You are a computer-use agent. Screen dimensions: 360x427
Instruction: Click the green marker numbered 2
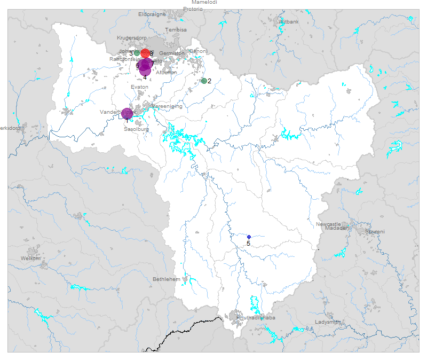tap(204, 81)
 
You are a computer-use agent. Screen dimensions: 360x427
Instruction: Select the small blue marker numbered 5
tap(249, 237)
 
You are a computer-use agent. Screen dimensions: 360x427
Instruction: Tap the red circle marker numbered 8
tap(145, 53)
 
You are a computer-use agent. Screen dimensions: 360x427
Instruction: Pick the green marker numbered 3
tap(137, 53)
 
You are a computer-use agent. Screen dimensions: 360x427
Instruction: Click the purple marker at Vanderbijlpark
tap(126, 113)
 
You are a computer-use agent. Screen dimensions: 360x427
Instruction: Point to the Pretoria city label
tap(193, 9)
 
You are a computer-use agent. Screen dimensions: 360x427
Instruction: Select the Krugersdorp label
tap(132, 38)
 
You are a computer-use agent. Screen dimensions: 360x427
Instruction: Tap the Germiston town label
tap(171, 53)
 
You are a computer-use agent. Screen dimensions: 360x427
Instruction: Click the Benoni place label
tap(198, 51)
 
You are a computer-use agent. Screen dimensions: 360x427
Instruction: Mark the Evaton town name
tap(139, 87)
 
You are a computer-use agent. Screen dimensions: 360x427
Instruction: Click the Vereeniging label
tap(167, 106)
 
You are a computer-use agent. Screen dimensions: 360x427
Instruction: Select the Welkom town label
tap(30, 258)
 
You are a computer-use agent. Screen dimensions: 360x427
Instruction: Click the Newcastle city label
tap(328, 224)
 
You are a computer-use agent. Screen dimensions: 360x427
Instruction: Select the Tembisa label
tap(176, 30)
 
